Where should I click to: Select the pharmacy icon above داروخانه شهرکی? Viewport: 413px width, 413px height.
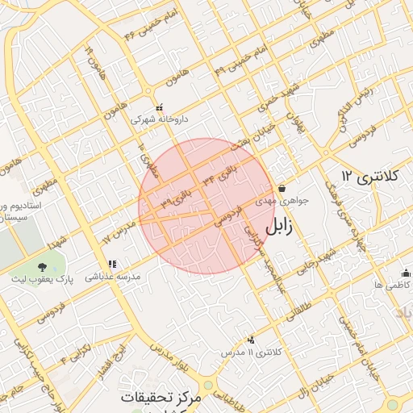pos(159,106)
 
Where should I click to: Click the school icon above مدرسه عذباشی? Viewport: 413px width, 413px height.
pos(112,264)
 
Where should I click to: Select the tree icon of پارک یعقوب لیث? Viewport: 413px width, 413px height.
pos(41,266)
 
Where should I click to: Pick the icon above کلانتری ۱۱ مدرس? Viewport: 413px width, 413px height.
pos(251,340)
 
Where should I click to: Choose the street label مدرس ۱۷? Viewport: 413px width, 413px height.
pos(118,230)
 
